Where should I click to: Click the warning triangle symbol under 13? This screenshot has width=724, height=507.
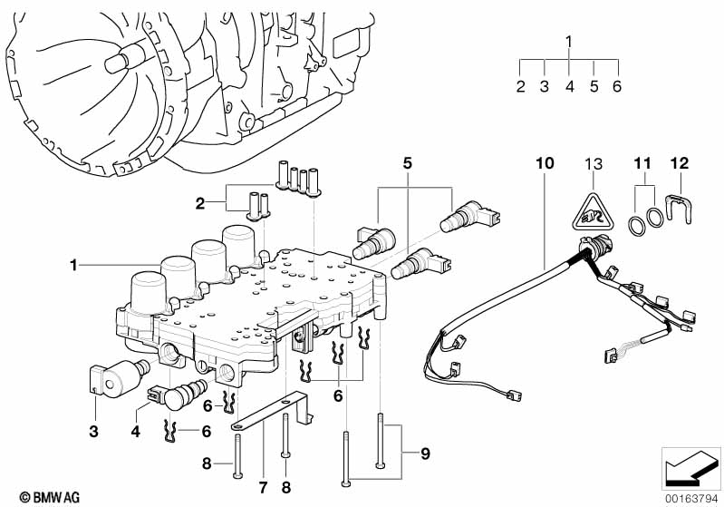(x=594, y=212)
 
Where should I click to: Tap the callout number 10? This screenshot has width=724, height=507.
(x=545, y=163)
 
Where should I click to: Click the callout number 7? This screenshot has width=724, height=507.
(x=263, y=488)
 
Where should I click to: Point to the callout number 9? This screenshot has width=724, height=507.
(x=425, y=453)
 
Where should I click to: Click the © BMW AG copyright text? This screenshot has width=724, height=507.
(x=50, y=497)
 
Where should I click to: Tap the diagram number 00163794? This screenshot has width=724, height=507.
(x=692, y=500)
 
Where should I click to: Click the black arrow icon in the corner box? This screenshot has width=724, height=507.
(x=690, y=469)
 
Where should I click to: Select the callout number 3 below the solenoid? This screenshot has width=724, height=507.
(x=93, y=432)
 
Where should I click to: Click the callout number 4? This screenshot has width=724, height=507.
(x=135, y=432)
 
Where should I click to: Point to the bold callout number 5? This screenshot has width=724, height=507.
(x=407, y=162)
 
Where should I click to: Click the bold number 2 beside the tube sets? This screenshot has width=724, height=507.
(x=200, y=203)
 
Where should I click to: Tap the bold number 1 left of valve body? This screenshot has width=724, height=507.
(x=73, y=265)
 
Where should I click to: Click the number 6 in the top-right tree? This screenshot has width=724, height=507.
(x=617, y=86)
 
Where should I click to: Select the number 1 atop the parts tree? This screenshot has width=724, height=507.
(x=569, y=42)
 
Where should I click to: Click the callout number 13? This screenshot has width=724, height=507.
(x=594, y=163)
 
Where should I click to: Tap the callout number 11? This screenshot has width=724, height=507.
(x=642, y=163)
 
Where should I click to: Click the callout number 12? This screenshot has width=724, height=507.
(x=680, y=163)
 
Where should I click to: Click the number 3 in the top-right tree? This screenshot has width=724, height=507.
(x=545, y=86)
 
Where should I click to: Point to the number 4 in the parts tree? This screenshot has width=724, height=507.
(x=569, y=86)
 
